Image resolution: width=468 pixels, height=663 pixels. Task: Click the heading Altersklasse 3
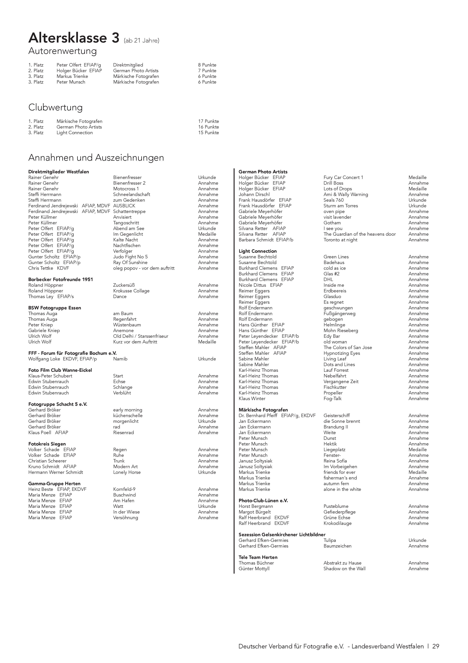74,38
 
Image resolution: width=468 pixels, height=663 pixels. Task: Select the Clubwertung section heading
55,107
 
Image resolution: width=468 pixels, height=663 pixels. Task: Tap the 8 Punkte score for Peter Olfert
207,65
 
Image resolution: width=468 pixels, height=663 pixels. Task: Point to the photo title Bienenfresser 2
129,183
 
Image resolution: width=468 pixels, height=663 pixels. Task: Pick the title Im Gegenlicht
128,234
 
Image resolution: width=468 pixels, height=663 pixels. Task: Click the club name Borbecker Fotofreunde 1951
61,280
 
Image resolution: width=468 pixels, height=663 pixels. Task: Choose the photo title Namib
120,359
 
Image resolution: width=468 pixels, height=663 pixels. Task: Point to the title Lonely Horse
127,472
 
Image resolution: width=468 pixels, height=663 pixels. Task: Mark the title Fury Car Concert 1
343,178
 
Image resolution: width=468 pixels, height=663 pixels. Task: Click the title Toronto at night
340,240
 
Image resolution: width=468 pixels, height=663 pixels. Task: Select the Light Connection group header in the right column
258,251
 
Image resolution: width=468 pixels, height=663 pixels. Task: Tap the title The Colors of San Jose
347,348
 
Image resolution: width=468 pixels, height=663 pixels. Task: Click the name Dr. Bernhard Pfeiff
258,416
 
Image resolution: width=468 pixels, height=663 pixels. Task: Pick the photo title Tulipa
330,540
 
